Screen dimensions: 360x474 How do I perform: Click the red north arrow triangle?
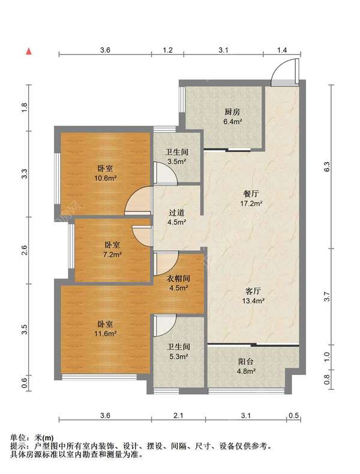tap(29, 52)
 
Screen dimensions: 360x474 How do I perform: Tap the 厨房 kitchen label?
tap(232, 112)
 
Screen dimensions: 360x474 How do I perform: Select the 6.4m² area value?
tap(232, 122)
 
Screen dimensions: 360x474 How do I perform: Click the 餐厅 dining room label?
tap(251, 193)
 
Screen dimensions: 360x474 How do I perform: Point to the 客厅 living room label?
tap(253, 291)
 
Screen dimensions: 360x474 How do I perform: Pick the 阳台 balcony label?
tap(245, 361)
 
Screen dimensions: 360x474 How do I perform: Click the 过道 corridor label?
tap(177, 212)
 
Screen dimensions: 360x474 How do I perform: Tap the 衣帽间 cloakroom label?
tap(178, 278)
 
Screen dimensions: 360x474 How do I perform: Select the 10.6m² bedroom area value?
tap(105, 178)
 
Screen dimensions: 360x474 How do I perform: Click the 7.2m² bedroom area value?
tap(112, 254)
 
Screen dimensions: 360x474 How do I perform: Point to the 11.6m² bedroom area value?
tap(105, 334)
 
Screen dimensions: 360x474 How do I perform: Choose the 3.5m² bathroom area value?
tap(177, 161)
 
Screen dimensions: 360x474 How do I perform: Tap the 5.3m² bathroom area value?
tap(178, 356)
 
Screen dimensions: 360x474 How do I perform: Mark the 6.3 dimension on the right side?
tap(327, 167)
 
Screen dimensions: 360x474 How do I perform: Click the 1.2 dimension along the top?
tap(167, 50)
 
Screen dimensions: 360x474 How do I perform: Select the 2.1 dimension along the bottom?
tap(178, 415)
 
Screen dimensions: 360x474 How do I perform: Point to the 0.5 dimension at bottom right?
tap(293, 415)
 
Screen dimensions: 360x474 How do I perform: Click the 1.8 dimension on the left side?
tap(24, 108)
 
